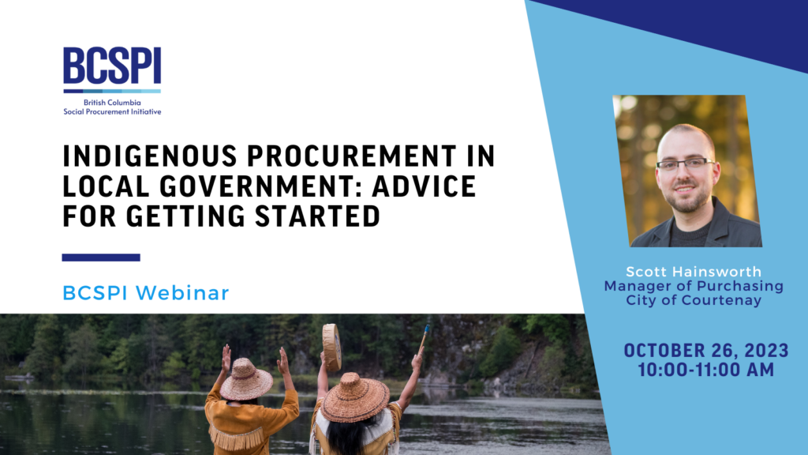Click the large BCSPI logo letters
(112, 66)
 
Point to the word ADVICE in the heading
(424, 186)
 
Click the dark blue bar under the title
(101, 258)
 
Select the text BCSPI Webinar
(146, 293)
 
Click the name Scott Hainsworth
(694, 272)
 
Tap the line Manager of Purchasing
(694, 286)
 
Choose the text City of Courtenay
(694, 300)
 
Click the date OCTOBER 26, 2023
(706, 351)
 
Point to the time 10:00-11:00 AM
(706, 370)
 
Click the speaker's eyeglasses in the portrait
(686, 164)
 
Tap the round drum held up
(332, 348)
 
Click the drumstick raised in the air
(424, 338)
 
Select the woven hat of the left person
(246, 379)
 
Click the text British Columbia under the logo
(112, 103)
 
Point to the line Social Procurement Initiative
(112, 111)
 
